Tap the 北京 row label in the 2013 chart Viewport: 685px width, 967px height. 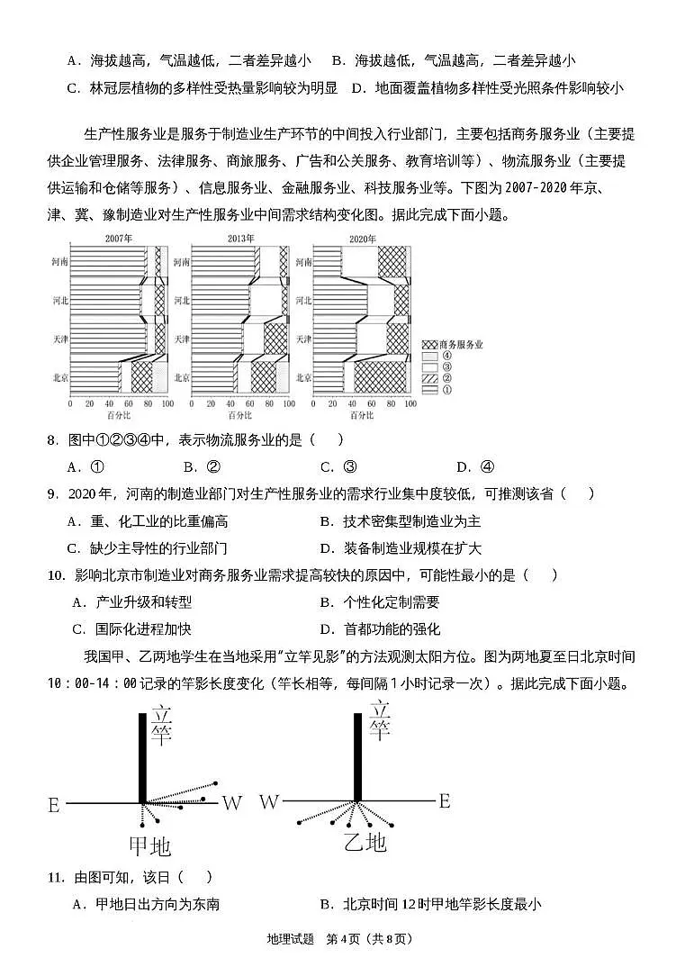[182, 377]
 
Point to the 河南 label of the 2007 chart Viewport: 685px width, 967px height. [59, 262]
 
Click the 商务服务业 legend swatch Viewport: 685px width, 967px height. [430, 345]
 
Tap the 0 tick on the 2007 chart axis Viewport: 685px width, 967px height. [70, 404]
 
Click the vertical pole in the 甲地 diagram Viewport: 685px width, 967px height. [142, 756]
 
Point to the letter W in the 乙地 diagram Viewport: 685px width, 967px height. [268, 801]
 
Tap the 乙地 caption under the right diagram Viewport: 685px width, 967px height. [365, 843]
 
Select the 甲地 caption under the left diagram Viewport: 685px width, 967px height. [149, 845]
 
